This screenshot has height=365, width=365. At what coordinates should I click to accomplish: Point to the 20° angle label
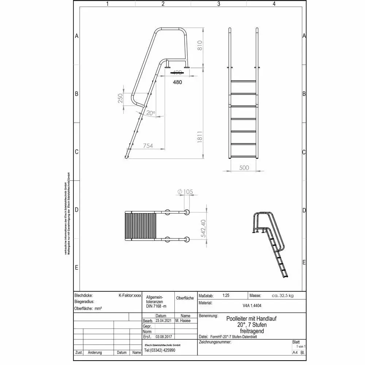click(150, 113)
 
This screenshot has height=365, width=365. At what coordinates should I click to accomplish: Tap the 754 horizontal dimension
click(147, 146)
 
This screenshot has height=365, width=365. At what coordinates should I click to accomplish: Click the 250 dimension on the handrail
click(120, 98)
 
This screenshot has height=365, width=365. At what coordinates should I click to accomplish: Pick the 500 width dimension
click(244, 168)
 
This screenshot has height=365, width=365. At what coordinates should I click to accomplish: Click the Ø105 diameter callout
click(185, 192)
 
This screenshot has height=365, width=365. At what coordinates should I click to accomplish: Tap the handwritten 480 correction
click(177, 82)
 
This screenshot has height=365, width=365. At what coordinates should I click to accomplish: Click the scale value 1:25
click(226, 296)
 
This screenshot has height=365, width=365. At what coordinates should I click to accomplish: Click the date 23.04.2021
click(163, 320)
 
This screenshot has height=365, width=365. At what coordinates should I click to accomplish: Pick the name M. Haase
click(183, 320)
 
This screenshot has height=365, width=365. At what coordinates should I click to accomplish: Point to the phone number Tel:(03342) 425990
click(160, 350)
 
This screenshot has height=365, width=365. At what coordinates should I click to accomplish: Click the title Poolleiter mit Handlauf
click(251, 319)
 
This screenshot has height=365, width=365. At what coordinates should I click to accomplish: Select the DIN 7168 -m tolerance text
click(156, 306)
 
